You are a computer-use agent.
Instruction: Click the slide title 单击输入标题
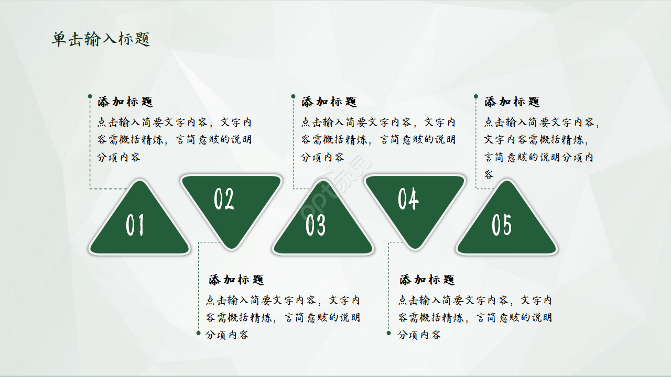101,39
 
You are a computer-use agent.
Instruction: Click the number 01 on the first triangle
135,225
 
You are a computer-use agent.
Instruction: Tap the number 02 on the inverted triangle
224,199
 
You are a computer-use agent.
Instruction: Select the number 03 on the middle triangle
316,225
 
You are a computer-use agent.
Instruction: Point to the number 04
408,199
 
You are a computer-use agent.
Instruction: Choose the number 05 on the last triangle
501,225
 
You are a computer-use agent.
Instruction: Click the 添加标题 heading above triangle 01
125,102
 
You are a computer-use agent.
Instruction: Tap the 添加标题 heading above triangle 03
329,102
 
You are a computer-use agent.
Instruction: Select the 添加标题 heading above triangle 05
512,102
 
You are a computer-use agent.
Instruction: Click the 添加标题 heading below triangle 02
236,280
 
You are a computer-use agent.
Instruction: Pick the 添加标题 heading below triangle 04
427,280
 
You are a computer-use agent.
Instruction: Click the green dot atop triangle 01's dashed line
90,96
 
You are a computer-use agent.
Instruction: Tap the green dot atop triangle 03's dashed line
293,96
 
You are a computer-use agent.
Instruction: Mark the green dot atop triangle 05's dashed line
475,96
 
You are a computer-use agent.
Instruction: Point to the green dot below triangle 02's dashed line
198,332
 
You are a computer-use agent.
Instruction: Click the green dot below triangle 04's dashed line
388,332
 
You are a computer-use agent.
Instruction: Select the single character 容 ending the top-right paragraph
489,174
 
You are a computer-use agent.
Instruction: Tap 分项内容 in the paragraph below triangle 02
227,335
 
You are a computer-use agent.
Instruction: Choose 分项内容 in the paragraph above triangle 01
118,157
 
